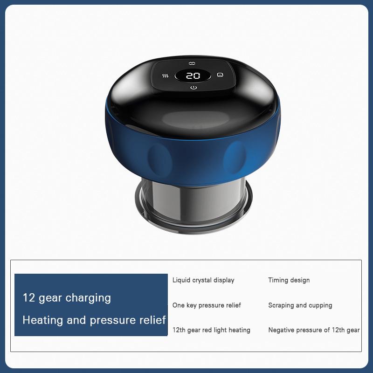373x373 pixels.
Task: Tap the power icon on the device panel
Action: (193, 88)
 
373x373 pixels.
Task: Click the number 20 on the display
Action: (193, 76)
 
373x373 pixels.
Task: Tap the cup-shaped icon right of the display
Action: (220, 75)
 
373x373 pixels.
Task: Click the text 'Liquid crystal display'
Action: (203, 280)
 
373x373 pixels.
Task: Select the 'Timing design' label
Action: (289, 280)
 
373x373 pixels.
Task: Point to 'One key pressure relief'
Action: (207, 305)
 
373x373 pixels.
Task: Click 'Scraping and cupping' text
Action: (300, 305)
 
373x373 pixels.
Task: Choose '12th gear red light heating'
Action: (211, 330)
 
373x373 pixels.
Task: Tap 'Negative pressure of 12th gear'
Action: (314, 330)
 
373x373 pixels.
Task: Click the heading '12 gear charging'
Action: (67, 298)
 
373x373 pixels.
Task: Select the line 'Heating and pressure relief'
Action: (94, 320)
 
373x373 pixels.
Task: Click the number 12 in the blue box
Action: (29, 298)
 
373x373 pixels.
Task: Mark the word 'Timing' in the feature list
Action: (278, 280)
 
